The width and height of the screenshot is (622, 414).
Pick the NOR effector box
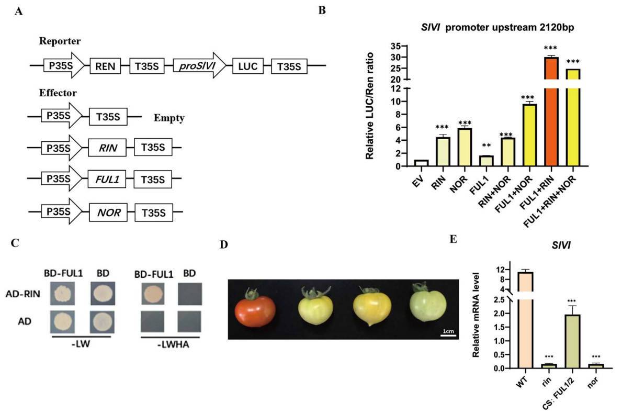point(107,213)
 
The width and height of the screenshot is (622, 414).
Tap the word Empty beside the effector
point(169,118)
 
